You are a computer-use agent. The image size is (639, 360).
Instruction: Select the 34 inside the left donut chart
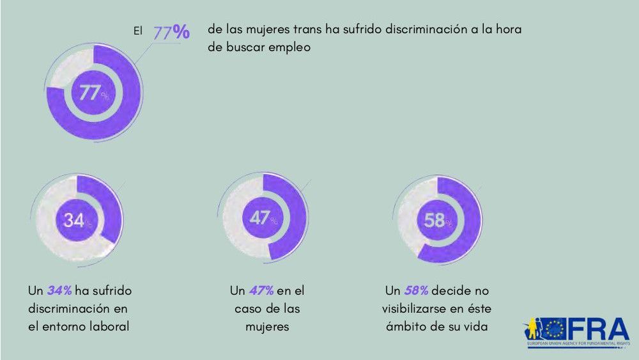[x=73, y=221]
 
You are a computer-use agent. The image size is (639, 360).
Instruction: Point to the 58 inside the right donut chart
[x=435, y=221]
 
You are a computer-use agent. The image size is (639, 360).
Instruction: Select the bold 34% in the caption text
[x=59, y=291]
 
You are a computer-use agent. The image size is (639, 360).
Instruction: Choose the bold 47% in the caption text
[x=262, y=291]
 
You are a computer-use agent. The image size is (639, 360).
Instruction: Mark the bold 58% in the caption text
[x=416, y=291]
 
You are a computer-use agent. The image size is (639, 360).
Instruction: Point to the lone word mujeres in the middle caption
[x=267, y=326]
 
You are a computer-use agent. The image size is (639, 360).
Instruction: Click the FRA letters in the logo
[x=598, y=330]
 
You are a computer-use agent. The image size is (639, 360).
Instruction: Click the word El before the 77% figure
[x=137, y=30]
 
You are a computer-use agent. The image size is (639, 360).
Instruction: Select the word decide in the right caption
[x=452, y=291]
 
